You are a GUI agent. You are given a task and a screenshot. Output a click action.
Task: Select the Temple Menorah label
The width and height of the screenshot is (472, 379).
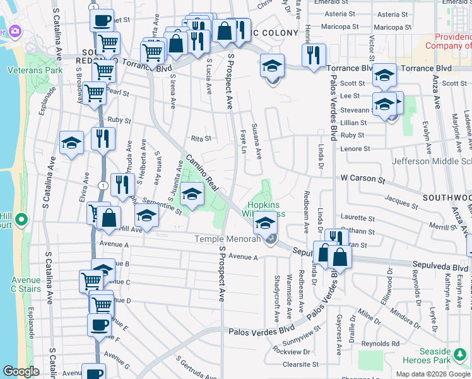click(x=227, y=239)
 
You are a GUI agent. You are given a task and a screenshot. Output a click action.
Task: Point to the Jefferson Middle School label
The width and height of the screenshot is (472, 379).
click(x=432, y=161)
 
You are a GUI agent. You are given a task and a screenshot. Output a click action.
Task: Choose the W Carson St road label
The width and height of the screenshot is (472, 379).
click(x=363, y=179)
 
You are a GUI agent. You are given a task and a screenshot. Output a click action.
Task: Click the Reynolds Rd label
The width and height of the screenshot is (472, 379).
click(x=384, y=344)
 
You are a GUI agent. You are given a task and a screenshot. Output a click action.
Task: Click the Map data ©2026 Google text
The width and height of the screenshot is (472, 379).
click(x=432, y=374)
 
